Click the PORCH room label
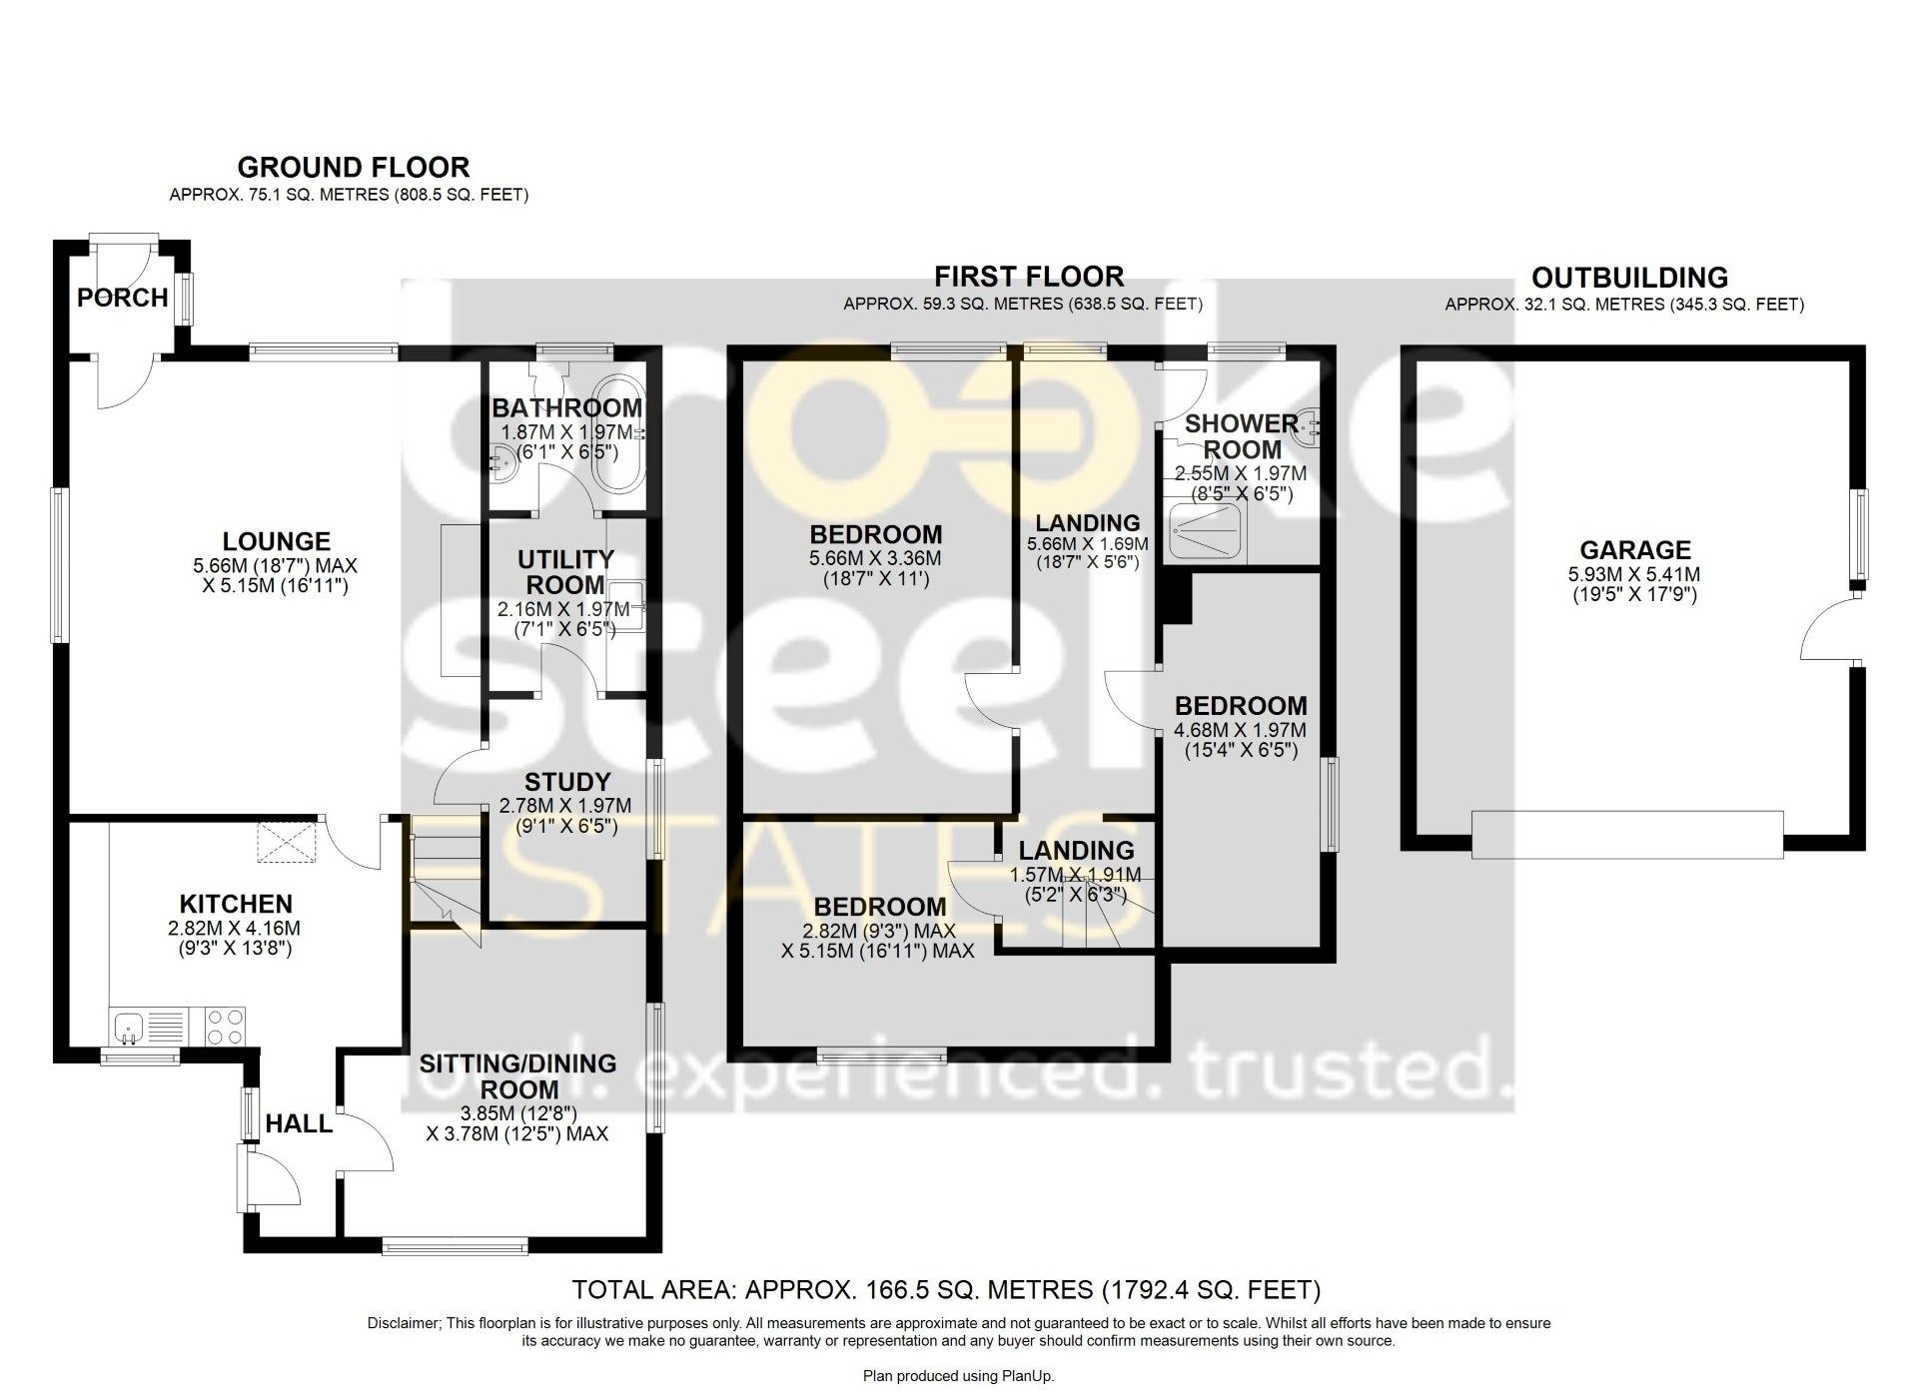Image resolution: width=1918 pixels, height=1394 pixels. point(123,298)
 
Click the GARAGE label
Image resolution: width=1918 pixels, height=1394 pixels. point(1635,550)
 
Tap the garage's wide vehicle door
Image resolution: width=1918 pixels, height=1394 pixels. point(1627,835)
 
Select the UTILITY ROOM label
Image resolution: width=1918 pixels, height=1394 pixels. point(565,572)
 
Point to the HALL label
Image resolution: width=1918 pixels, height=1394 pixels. point(299,1124)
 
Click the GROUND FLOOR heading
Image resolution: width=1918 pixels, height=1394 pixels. point(354,167)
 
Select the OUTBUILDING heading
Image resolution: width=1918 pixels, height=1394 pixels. point(1629,278)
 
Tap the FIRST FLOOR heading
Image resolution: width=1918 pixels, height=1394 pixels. point(1029,277)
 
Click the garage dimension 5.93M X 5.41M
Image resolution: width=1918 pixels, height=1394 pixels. point(1635,575)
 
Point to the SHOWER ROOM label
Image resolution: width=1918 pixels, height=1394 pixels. point(1242,436)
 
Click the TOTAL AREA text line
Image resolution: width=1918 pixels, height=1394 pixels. point(946,1290)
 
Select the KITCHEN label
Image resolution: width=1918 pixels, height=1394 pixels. point(236,904)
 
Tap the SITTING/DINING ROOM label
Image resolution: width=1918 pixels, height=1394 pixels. point(517,1076)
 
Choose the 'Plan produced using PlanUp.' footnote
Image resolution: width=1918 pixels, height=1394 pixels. point(958,1376)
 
